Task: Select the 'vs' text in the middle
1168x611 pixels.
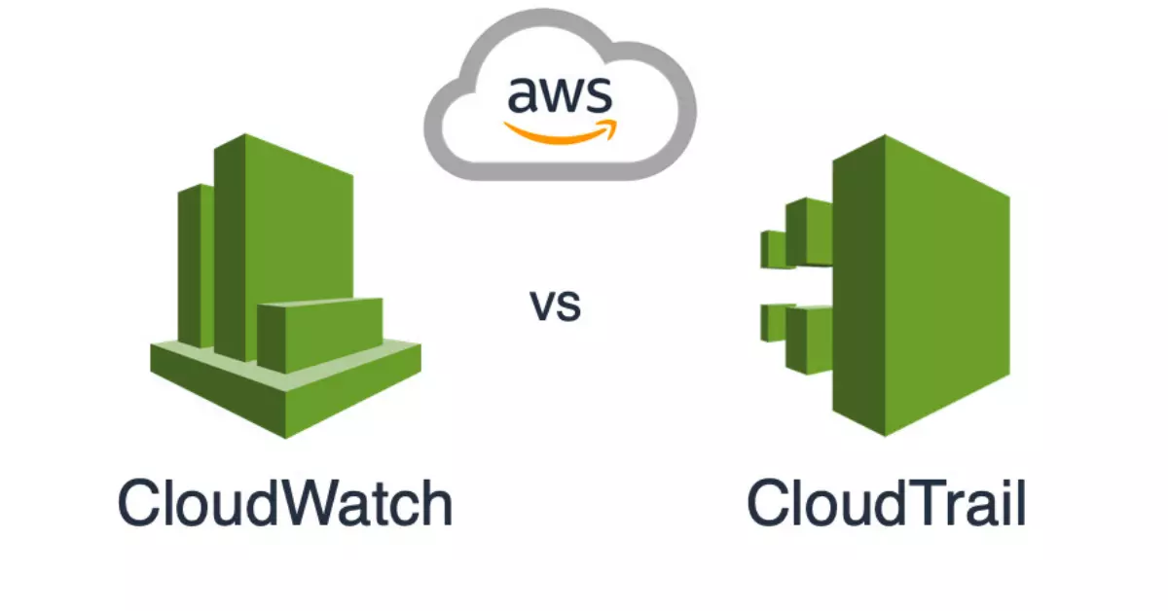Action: click(x=556, y=305)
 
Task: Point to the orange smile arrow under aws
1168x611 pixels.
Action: click(x=559, y=131)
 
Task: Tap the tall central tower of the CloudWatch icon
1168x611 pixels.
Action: click(x=282, y=234)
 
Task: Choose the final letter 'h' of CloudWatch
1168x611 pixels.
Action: click(x=436, y=504)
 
